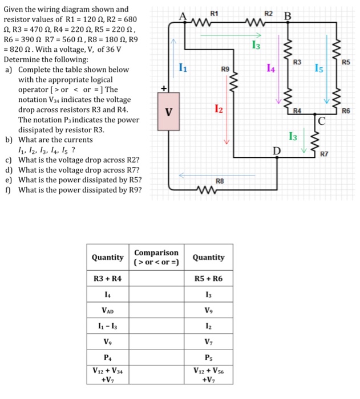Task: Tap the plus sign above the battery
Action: (163, 89)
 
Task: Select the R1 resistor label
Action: (214, 13)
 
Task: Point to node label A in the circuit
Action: (184, 17)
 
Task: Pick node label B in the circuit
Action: (288, 17)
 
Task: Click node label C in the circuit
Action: (321, 120)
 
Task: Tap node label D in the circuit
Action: (277, 150)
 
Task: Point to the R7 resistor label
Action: (324, 154)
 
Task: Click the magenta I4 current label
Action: (270, 69)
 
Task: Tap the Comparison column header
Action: (156, 257)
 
